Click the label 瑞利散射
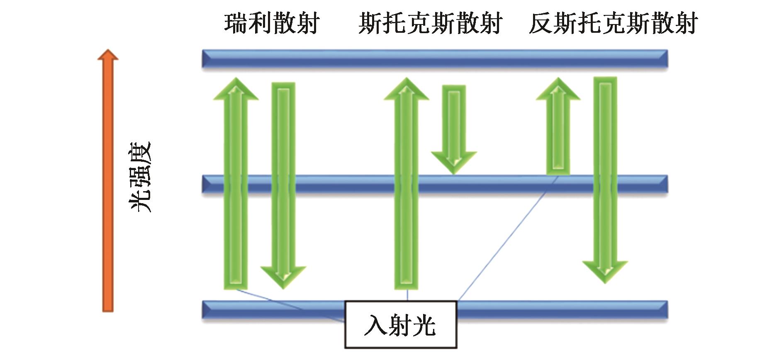tap(272, 23)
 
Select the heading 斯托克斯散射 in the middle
tap(430, 23)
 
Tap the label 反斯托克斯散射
tap(613, 23)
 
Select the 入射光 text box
tap(401, 324)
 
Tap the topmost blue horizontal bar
tap(435, 59)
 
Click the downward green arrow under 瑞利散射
tap(283, 187)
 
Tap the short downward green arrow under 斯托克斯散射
tap(454, 129)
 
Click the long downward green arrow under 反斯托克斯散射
tap(605, 178)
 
